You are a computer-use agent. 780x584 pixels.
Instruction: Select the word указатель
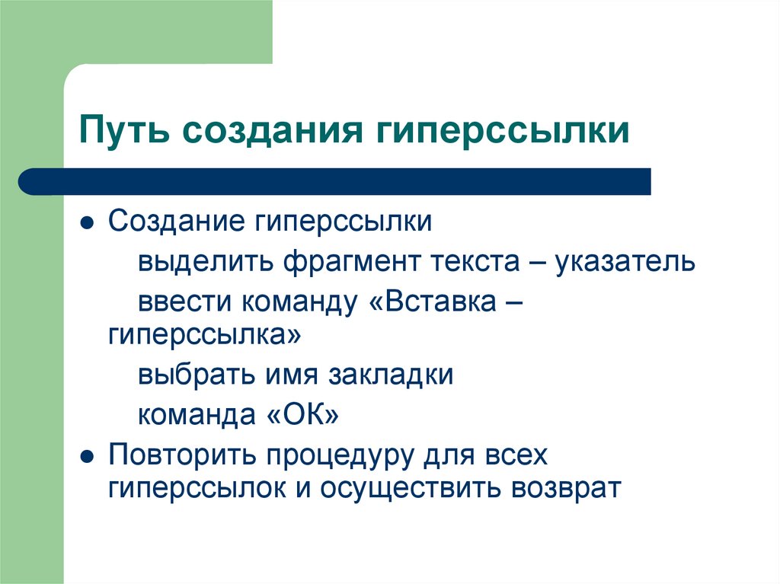point(625,261)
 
